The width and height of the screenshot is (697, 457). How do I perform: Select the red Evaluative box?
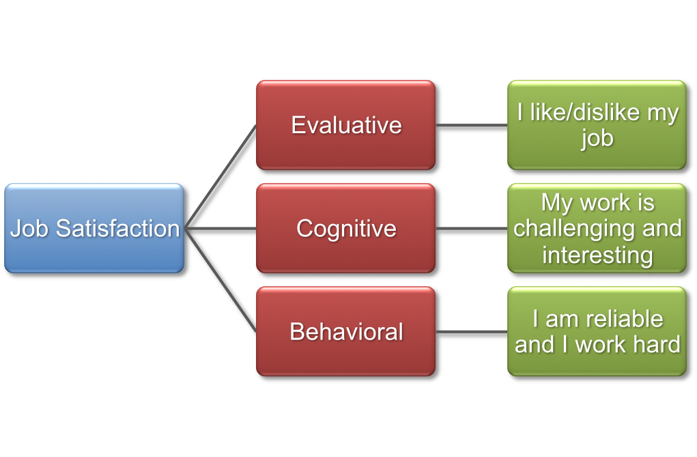coord(345,125)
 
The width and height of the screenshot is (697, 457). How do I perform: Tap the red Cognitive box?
coord(345,228)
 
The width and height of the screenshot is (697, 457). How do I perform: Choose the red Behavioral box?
coord(345,331)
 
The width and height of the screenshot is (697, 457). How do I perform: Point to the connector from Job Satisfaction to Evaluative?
coord(222,176)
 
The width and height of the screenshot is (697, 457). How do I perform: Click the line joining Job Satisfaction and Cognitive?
coord(221,229)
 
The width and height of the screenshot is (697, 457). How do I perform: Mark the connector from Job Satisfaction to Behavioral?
coord(222,281)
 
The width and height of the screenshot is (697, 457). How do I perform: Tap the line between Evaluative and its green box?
coord(471,126)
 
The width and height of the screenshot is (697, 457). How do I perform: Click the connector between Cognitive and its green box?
coord(471,229)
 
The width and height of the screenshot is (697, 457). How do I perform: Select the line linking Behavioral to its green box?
coord(471,333)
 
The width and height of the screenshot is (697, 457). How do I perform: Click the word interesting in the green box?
coord(597,255)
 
